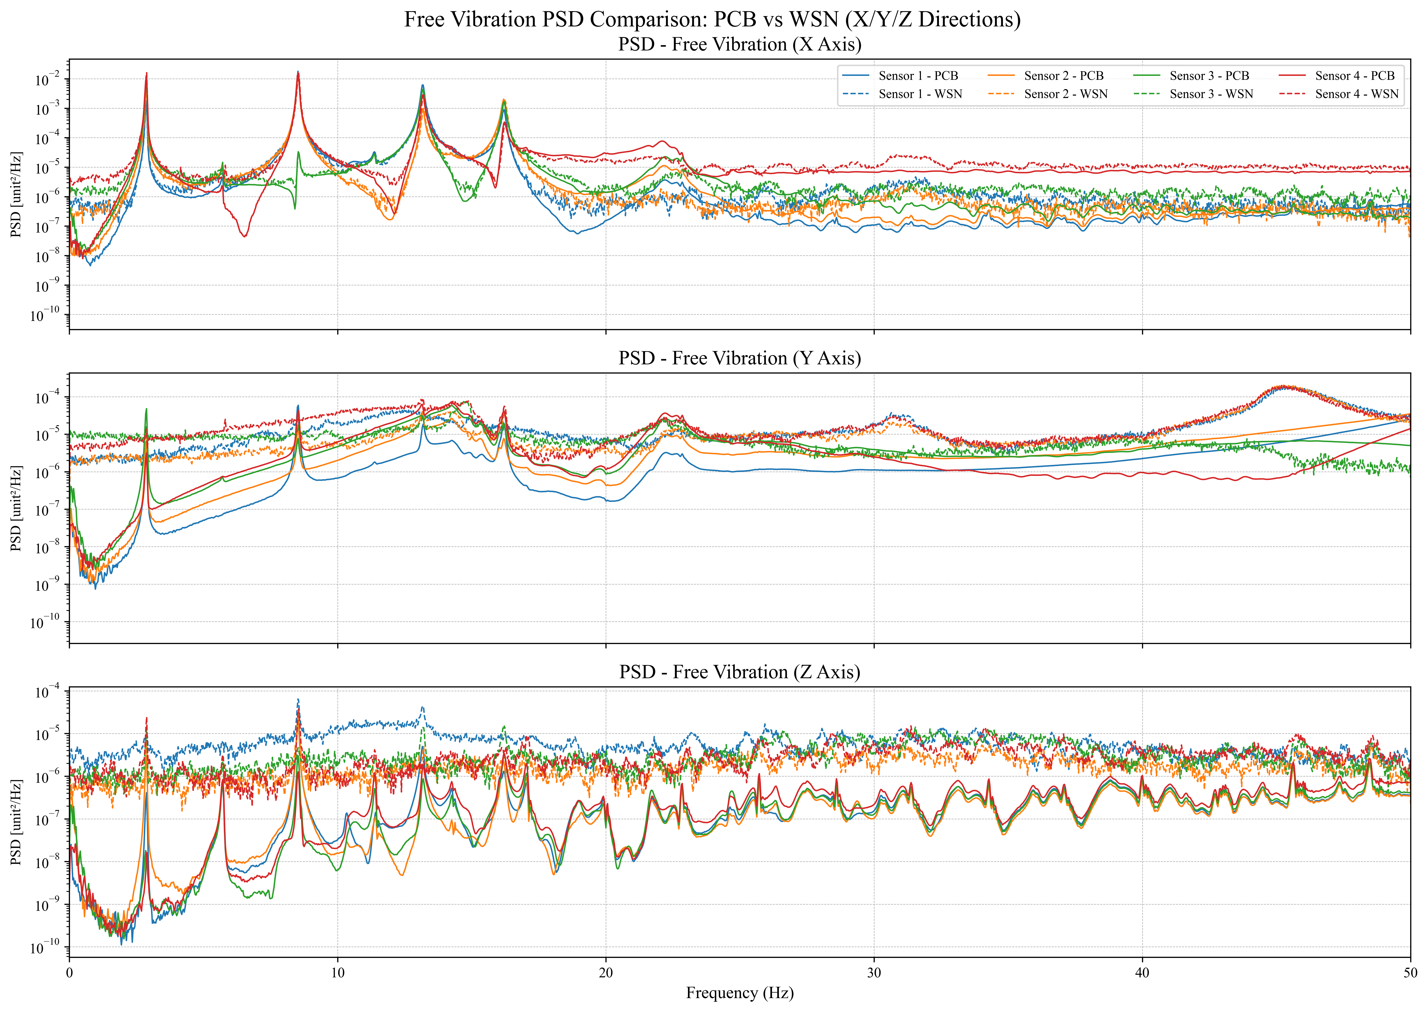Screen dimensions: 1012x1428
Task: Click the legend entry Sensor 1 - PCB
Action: pyautogui.click(x=918, y=76)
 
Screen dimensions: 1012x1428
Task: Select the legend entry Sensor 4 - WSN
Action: pyautogui.click(x=1356, y=94)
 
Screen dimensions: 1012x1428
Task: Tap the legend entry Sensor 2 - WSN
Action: pyautogui.click(x=1065, y=94)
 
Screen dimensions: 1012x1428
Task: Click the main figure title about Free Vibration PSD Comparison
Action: pyautogui.click(x=712, y=19)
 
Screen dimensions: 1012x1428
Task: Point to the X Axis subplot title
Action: pyautogui.click(x=740, y=45)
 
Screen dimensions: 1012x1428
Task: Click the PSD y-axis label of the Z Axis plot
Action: pyautogui.click(x=16, y=822)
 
